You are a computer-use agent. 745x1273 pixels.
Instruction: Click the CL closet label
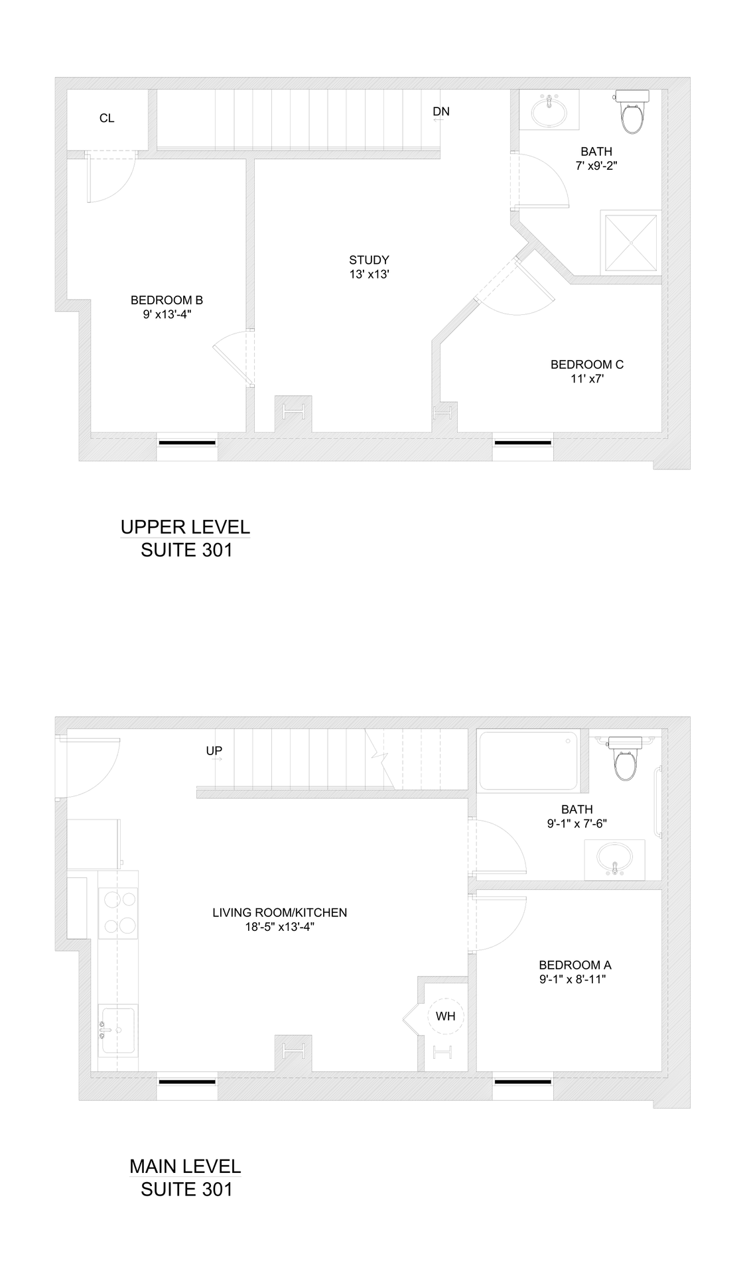tap(107, 119)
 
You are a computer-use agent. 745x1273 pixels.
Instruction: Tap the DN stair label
tap(441, 111)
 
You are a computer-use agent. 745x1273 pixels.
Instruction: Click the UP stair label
tap(214, 751)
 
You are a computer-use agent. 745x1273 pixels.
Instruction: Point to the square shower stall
tap(630, 243)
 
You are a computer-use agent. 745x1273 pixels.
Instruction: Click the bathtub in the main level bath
tap(528, 760)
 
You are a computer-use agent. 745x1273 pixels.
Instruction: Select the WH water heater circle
tap(445, 1016)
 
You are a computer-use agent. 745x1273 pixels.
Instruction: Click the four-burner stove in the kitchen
tap(118, 912)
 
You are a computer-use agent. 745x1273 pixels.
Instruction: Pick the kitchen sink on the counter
tap(118, 1030)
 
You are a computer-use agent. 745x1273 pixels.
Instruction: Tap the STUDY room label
tap(369, 260)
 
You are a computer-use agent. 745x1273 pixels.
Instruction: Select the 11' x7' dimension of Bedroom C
tap(586, 379)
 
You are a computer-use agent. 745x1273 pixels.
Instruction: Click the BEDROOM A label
tap(575, 965)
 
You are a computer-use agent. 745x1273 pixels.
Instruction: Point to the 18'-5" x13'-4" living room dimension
tap(279, 928)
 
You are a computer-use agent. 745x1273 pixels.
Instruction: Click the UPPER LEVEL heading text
tap(185, 527)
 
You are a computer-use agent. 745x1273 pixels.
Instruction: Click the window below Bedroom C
tap(522, 442)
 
